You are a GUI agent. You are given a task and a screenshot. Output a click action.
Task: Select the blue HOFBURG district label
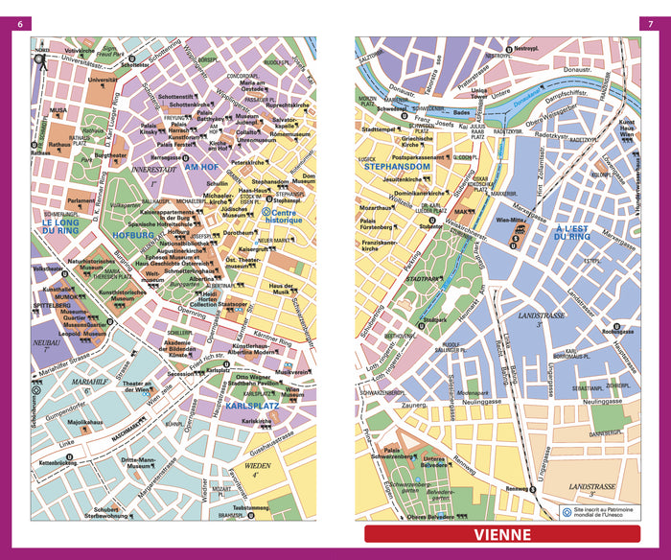pos(132,233)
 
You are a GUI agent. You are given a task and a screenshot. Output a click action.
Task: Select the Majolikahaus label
pos(84,421)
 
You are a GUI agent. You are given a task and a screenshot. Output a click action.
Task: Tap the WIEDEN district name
pos(249,470)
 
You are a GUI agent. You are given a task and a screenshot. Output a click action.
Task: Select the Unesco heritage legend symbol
pos(566,511)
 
